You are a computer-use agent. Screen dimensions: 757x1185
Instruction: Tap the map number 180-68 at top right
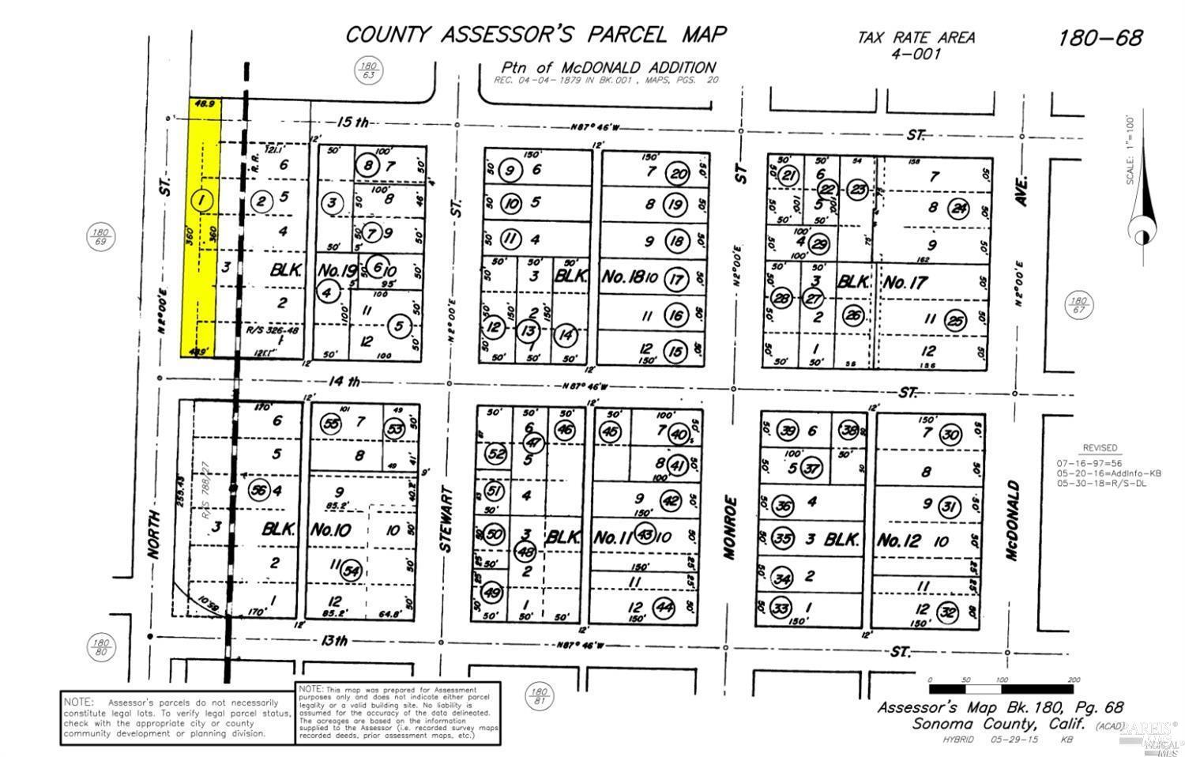[x=1100, y=37]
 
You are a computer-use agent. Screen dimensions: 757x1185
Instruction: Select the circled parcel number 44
[x=664, y=608]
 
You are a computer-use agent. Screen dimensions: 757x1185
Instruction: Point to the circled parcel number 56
[x=258, y=490]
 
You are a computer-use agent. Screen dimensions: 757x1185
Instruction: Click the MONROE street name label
[x=730, y=527]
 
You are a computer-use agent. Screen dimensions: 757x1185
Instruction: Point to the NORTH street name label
[x=153, y=535]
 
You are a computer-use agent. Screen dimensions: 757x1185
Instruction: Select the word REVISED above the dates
[x=1100, y=447]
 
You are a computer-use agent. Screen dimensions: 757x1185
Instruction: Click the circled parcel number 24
[x=960, y=208]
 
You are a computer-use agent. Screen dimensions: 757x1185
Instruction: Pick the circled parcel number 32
[x=949, y=612]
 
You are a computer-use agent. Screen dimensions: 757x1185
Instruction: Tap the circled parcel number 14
[x=566, y=333]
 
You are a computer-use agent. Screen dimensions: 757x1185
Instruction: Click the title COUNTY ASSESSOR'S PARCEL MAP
[x=536, y=35]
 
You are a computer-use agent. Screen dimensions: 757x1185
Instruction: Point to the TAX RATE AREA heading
[x=916, y=37]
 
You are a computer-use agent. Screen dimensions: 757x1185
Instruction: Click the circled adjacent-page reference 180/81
[x=540, y=694]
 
